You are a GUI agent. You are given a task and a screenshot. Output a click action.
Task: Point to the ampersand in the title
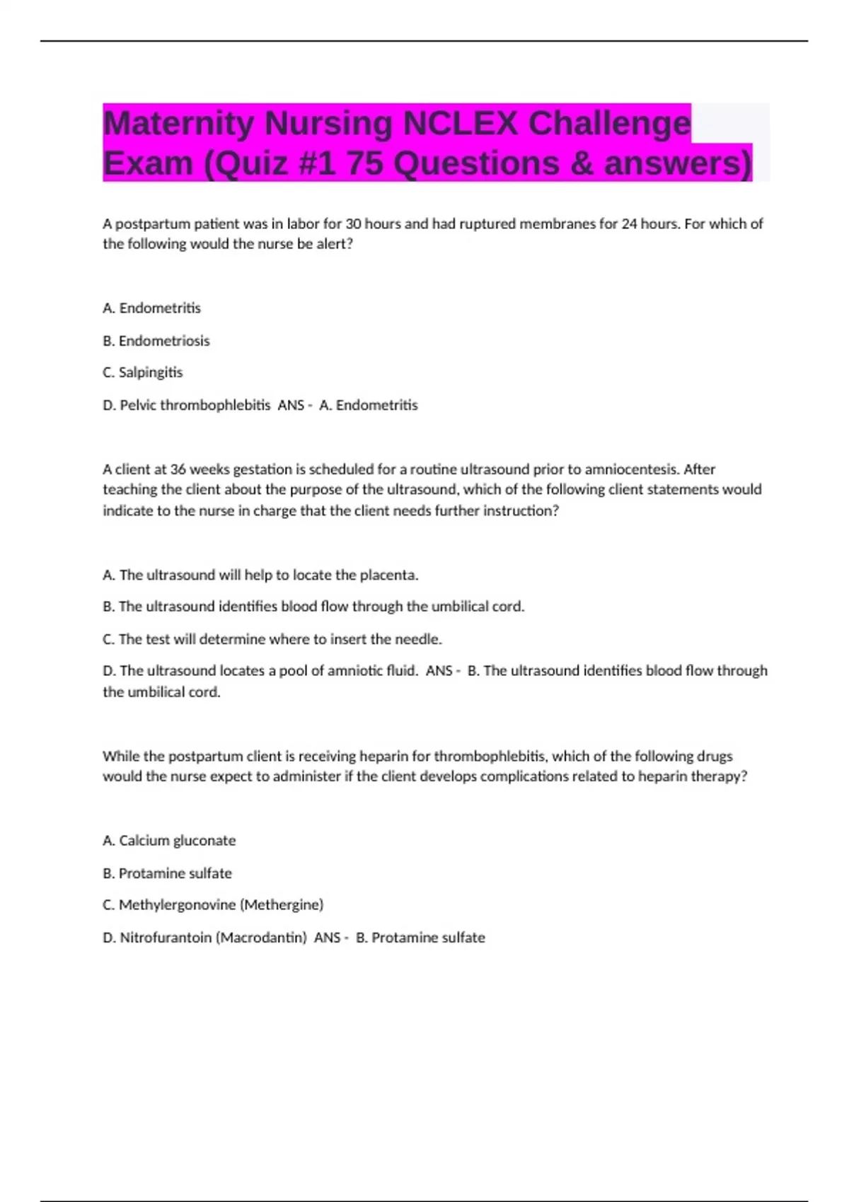582,163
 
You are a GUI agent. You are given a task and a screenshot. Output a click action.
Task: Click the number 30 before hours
353,224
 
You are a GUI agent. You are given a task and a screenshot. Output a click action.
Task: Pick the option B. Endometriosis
156,341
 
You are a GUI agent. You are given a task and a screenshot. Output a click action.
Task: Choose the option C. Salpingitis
143,373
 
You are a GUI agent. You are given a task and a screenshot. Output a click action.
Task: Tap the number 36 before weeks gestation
178,469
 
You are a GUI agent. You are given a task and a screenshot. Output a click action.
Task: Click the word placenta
388,575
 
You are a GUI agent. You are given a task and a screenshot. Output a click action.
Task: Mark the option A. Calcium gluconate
169,841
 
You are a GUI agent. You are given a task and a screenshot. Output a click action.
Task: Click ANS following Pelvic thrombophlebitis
291,405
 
